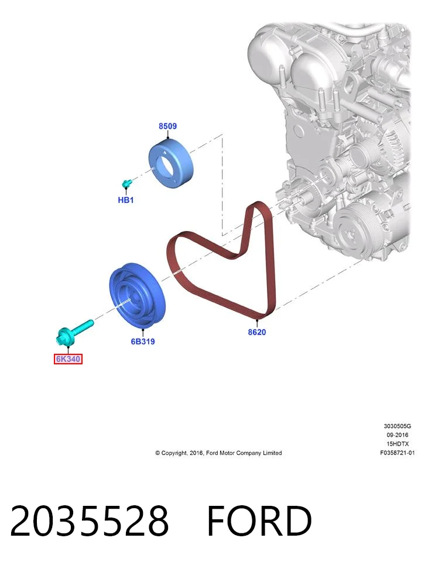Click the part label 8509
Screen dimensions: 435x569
(x=167, y=126)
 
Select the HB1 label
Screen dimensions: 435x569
(x=126, y=200)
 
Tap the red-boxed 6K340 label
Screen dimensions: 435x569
(x=68, y=359)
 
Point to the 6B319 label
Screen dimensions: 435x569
(x=143, y=342)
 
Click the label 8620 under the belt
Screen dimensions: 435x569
(x=257, y=332)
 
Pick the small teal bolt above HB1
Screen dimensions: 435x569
(x=126, y=184)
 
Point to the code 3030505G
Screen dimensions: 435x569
(x=397, y=426)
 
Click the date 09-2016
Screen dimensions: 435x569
(x=397, y=434)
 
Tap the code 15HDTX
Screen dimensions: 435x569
(x=397, y=444)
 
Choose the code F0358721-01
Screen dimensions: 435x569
(x=397, y=453)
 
